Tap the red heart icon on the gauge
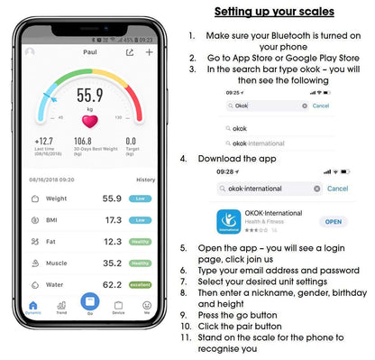click(x=89, y=121)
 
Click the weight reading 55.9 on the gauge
click(x=89, y=95)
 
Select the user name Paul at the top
click(x=88, y=52)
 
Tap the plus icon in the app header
click(x=149, y=52)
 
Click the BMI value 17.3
click(x=113, y=219)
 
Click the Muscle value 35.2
click(x=113, y=263)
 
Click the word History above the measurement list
click(x=145, y=180)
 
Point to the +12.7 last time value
click(x=44, y=141)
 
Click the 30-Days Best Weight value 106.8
click(x=83, y=141)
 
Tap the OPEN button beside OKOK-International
click(x=334, y=221)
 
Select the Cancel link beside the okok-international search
click(x=338, y=189)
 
